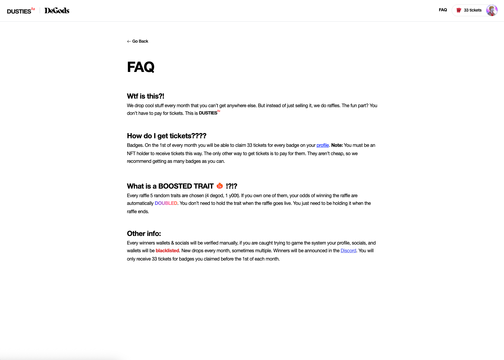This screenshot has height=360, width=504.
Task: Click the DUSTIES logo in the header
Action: (x=21, y=11)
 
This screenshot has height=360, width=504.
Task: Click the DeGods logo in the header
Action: (x=57, y=11)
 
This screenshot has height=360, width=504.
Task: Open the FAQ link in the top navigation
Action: (x=443, y=10)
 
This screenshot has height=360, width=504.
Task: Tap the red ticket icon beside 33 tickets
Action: (x=459, y=10)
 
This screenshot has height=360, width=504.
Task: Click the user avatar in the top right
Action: (x=492, y=10)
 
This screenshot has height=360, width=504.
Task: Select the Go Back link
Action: (x=140, y=41)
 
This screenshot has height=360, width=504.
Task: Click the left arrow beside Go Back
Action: (x=129, y=41)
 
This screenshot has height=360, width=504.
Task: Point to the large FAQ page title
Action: (x=141, y=67)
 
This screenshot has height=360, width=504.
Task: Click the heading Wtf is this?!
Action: (x=145, y=96)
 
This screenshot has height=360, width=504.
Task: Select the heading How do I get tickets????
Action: (x=166, y=136)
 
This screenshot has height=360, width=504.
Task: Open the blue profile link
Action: (x=323, y=145)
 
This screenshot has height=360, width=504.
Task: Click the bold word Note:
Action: (x=337, y=145)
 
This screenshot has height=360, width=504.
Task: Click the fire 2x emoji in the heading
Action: (x=220, y=186)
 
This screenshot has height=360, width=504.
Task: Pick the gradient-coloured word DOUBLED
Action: (x=166, y=203)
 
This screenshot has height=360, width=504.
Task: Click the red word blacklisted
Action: (x=167, y=251)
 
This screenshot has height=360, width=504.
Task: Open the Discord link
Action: (x=348, y=251)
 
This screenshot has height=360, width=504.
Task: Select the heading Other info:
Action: (x=144, y=234)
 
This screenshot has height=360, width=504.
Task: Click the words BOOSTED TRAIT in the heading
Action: (x=186, y=186)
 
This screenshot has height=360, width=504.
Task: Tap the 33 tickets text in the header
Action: (x=473, y=10)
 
